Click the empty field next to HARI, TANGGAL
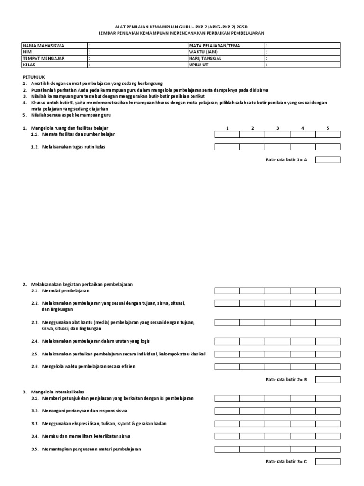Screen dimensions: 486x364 302,58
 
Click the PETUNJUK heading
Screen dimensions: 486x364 34,76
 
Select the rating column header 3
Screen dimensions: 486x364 277,128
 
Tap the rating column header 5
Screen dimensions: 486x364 328,128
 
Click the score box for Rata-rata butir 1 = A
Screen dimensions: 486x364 328,160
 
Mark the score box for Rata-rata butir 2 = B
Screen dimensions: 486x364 328,379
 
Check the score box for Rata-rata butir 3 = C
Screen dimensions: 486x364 328,462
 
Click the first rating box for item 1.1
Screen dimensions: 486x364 227,135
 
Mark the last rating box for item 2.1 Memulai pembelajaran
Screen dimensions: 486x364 328,291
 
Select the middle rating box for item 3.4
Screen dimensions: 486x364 277,436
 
